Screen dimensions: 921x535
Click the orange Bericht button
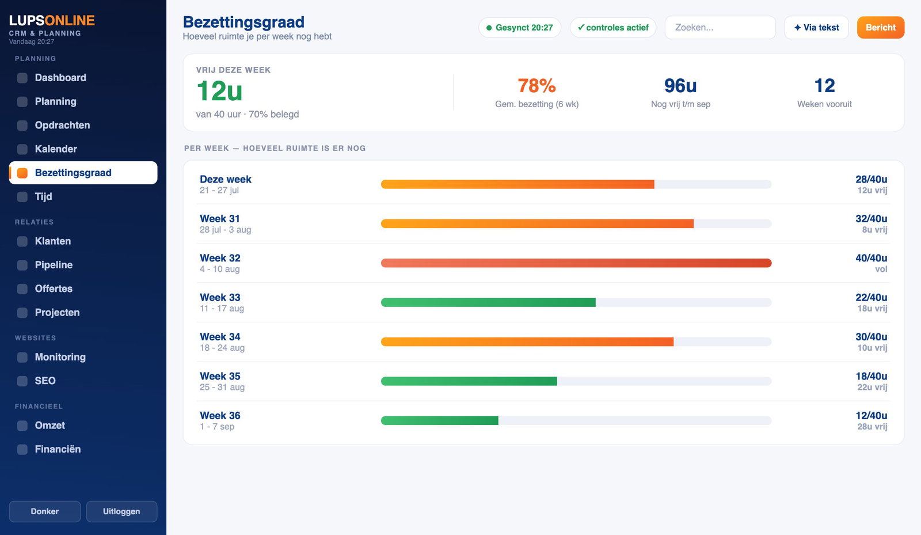[880, 28]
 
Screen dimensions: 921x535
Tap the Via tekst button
[816, 28]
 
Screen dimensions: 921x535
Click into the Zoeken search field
[720, 28]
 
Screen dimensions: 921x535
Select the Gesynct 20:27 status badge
[520, 28]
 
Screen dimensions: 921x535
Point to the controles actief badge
[612, 28]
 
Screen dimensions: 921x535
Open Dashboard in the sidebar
[60, 78]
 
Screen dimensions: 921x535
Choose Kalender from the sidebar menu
[56, 149]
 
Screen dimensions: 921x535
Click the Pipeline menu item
[54, 265]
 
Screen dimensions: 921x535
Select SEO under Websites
[45, 381]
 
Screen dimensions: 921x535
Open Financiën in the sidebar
[58, 449]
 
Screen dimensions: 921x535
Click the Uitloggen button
[121, 511]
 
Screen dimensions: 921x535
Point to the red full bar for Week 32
[576, 263]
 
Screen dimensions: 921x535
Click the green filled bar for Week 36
[440, 420]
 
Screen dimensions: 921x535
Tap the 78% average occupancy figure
[536, 86]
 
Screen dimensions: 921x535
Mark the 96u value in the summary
[680, 86]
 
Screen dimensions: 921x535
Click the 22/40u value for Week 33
[871, 297]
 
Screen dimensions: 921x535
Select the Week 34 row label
[220, 337]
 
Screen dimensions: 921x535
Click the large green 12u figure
[219, 90]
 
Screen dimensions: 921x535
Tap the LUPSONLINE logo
[52, 20]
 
